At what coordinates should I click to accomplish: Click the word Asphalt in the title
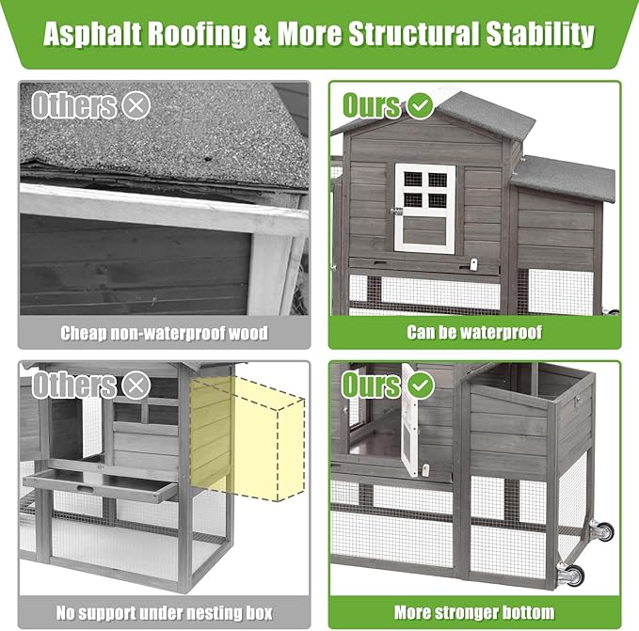point(92,33)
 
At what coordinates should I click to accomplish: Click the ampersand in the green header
point(263,33)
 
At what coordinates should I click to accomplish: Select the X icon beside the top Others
point(136,105)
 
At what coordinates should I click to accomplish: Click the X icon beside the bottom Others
point(136,386)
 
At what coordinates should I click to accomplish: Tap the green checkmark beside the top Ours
point(420,105)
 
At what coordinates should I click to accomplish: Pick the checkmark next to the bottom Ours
point(420,386)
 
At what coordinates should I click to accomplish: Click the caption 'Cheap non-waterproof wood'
point(165,333)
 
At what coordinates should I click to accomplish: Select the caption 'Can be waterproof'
point(474,332)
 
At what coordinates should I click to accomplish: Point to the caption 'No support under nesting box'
point(165,613)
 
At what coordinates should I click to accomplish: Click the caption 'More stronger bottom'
point(474,612)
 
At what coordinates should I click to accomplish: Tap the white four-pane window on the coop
point(425,208)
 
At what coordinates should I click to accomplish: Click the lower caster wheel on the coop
point(571,575)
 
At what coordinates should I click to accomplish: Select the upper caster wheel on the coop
point(602,530)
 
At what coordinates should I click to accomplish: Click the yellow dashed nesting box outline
point(248,439)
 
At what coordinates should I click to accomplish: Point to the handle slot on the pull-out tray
point(85,488)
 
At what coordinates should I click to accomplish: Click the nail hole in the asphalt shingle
point(207,159)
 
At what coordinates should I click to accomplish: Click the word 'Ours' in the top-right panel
point(371,105)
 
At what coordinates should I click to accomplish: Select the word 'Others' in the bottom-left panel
point(74,386)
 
